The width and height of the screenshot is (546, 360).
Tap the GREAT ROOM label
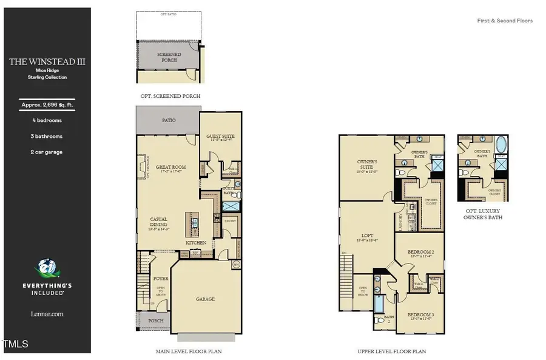pyautogui.click(x=170, y=167)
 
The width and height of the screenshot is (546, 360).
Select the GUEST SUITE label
pyautogui.click(x=220, y=136)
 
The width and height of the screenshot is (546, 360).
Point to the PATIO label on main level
pyautogui.click(x=169, y=120)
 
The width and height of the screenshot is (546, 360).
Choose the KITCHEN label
pyautogui.click(x=196, y=243)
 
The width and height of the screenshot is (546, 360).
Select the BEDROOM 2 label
pyautogui.click(x=420, y=251)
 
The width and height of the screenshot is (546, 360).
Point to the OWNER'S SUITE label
pyautogui.click(x=367, y=163)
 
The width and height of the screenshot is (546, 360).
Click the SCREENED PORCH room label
pyautogui.click(x=169, y=57)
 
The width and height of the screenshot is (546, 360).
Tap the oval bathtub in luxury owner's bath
pyautogui.click(x=500, y=146)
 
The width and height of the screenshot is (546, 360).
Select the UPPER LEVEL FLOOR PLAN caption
pyautogui.click(x=391, y=352)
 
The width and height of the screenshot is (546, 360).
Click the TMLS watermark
pyautogui.click(x=16, y=344)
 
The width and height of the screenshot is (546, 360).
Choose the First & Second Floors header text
pyautogui.click(x=505, y=21)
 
